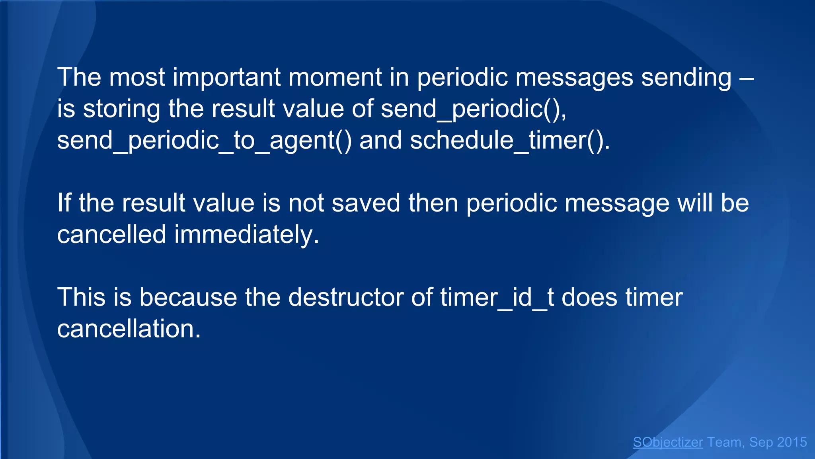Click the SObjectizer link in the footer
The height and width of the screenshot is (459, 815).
coord(668,442)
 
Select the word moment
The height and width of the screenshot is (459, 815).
coord(335,77)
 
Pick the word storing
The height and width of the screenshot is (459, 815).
coord(121,109)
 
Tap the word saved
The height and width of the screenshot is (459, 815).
coord(366,203)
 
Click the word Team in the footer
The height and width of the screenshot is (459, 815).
coord(724,442)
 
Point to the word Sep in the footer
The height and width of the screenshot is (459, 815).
coord(761,442)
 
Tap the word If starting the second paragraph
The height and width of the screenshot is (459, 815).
coord(64,203)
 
